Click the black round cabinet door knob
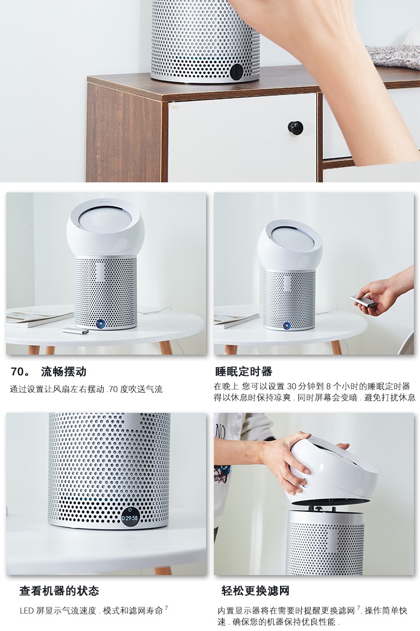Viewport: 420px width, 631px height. [x=295, y=128]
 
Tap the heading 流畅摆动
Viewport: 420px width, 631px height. [x=64, y=371]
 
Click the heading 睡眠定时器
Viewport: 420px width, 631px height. [x=244, y=371]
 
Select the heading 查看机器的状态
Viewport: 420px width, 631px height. [x=59, y=591]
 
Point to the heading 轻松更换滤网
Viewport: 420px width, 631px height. [x=255, y=591]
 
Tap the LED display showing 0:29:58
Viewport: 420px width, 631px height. [x=130, y=518]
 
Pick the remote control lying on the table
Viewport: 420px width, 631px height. [x=75, y=331]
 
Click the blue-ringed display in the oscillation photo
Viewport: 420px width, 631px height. [x=100, y=323]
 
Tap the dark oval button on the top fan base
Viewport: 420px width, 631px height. [x=237, y=72]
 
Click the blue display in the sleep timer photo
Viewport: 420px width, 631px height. [x=286, y=325]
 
